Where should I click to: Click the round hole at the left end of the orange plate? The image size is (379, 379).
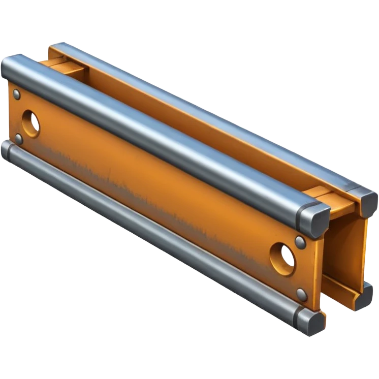(31, 122)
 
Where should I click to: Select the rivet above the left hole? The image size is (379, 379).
(17, 94)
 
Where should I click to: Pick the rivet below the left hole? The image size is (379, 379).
(19, 138)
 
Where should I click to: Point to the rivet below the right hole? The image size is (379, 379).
(302, 294)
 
